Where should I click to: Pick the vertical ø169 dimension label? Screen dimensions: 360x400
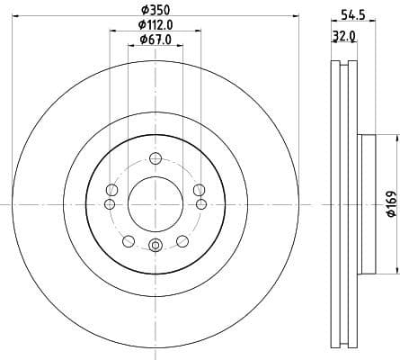point(389,205)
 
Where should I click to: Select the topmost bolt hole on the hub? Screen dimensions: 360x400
point(155,158)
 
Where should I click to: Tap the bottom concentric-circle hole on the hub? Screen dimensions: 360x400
point(155,246)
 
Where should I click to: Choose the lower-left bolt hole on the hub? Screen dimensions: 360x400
point(129,239)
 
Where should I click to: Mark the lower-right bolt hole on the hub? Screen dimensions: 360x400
point(182,239)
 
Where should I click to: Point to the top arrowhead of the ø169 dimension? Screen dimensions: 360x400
point(396,138)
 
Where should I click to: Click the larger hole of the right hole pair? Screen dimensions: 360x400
point(199,189)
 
